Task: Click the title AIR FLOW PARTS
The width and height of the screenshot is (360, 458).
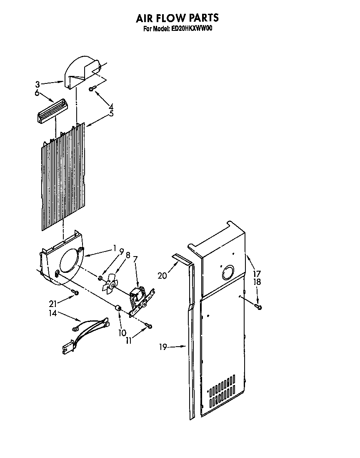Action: [177, 18]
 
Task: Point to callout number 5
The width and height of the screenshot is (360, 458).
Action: [111, 113]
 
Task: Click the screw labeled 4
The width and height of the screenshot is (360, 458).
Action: [93, 88]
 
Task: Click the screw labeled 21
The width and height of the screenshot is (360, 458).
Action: [75, 292]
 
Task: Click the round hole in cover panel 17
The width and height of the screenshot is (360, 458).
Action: [228, 273]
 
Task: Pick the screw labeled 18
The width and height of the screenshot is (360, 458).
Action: [259, 307]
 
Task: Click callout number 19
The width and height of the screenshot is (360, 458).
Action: [163, 347]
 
